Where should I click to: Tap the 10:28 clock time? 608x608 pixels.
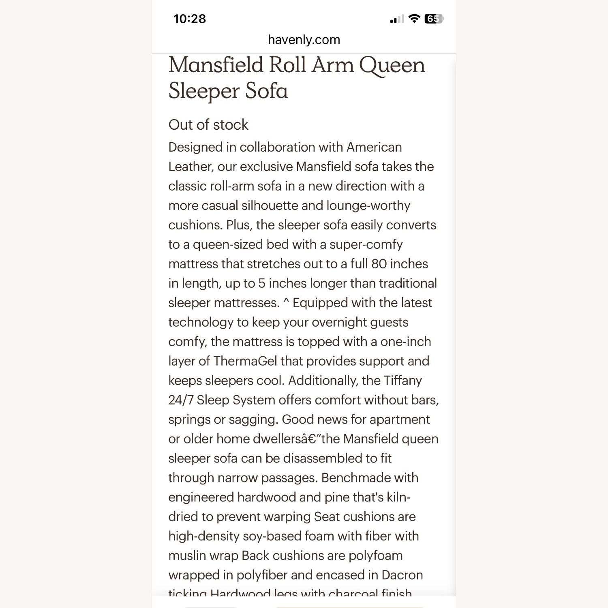coord(189,19)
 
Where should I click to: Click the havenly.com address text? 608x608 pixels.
coord(304,40)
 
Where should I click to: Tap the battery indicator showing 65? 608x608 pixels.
coord(433,19)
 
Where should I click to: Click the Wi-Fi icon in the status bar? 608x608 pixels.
coord(414,18)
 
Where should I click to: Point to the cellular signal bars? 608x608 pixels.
coord(396,19)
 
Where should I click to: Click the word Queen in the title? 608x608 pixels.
coord(392,66)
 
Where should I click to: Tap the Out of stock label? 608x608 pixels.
coord(208,125)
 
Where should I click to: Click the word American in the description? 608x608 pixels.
coord(374,147)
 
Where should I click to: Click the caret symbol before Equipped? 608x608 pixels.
coord(286,302)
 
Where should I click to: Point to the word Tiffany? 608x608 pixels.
coord(402,381)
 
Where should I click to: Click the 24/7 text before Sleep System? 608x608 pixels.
coord(181,400)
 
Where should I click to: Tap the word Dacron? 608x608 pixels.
coord(402,575)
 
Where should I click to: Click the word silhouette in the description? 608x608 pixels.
coord(269,206)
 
